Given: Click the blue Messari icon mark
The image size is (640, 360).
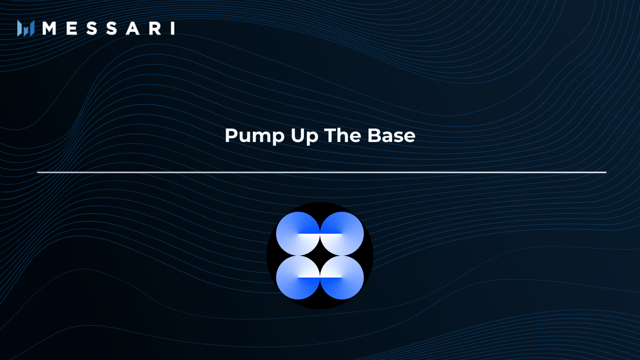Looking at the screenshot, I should click(26, 28).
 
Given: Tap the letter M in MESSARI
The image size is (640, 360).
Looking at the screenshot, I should click(49, 28).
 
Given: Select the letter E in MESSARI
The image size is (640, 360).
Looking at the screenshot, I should click(72, 28).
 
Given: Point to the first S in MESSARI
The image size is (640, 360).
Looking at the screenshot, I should click(92, 28).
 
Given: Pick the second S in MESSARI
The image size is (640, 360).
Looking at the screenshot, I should click(112, 28).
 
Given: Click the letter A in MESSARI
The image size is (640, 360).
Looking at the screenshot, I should click(133, 28).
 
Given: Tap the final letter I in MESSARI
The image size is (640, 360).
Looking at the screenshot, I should click(173, 28).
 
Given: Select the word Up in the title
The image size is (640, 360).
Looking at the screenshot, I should click(304, 136).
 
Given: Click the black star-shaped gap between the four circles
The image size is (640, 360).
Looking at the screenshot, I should click(320, 256).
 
